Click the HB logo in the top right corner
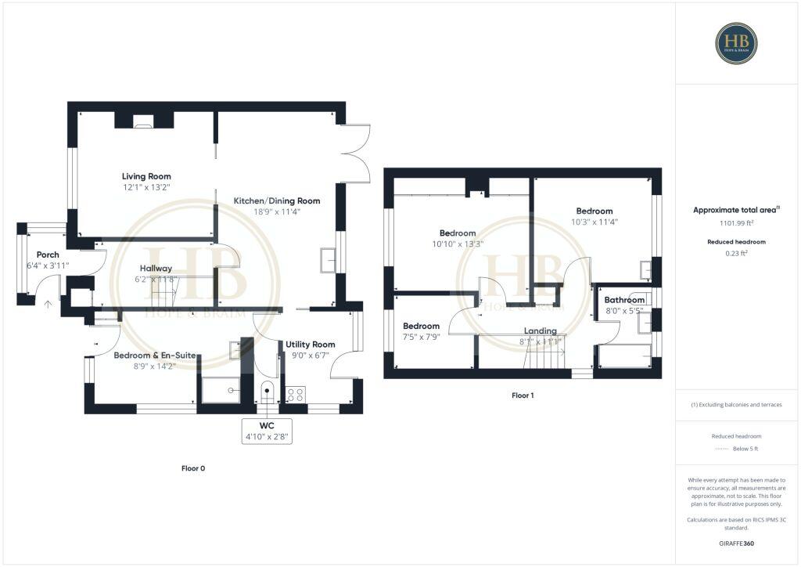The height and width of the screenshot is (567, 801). [736, 43]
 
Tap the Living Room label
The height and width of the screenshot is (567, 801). [146, 176]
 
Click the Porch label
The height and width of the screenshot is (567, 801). [48, 255]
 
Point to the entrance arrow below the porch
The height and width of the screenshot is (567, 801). [48, 305]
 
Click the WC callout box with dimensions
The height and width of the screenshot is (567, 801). [268, 432]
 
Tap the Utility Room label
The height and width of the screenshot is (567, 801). [310, 344]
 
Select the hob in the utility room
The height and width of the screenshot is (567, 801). [296, 393]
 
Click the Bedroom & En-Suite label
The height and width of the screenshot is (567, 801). [155, 355]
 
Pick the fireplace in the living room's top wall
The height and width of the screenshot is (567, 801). [143, 121]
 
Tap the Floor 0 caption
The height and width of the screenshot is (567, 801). [193, 468]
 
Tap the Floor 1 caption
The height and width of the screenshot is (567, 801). [523, 395]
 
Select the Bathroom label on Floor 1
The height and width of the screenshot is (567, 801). [625, 300]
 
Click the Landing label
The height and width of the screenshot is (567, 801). [541, 330]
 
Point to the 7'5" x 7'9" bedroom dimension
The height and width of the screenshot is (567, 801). [422, 337]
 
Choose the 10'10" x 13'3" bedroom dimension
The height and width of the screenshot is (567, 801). [458, 244]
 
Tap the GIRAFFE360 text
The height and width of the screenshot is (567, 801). [736, 543]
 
